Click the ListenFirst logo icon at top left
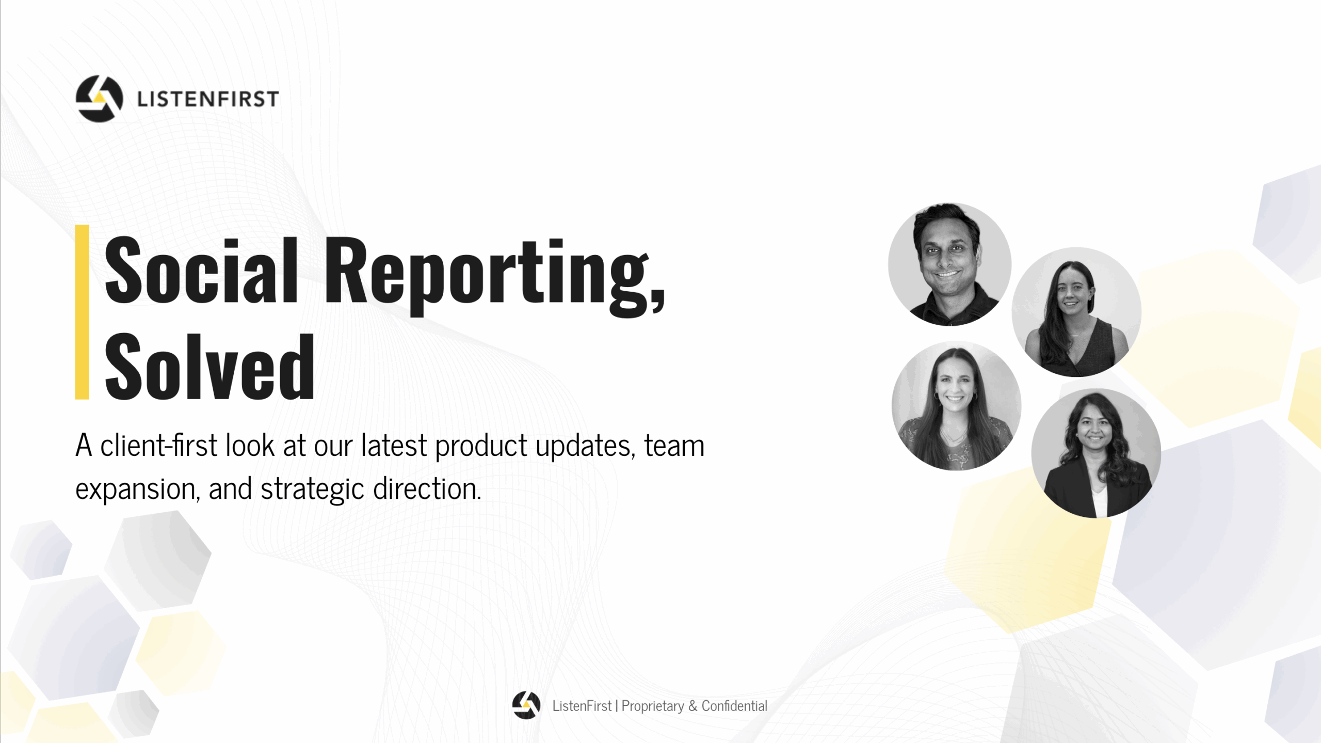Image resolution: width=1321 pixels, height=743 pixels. click(100, 99)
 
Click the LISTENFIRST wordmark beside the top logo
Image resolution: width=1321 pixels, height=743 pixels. click(208, 99)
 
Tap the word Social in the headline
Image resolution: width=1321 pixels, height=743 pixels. click(201, 270)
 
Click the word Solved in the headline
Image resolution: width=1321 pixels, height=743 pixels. click(210, 366)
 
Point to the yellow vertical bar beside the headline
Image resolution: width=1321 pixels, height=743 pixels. click(82, 312)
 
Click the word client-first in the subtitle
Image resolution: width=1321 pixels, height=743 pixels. click(159, 445)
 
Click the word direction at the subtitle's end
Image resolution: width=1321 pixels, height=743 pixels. click(427, 488)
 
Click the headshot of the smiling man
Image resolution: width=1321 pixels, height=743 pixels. click(949, 264)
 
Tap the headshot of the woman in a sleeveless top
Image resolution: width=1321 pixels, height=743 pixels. click(1076, 312)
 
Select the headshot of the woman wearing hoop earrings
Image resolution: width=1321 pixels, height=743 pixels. click(956, 405)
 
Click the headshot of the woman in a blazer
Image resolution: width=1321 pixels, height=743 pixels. click(1096, 453)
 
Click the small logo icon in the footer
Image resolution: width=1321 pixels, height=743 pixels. click(526, 705)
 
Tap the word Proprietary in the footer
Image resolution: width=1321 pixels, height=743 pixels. click(653, 706)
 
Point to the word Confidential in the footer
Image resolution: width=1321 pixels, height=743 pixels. click(734, 706)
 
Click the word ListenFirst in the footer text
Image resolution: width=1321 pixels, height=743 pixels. click(582, 706)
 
